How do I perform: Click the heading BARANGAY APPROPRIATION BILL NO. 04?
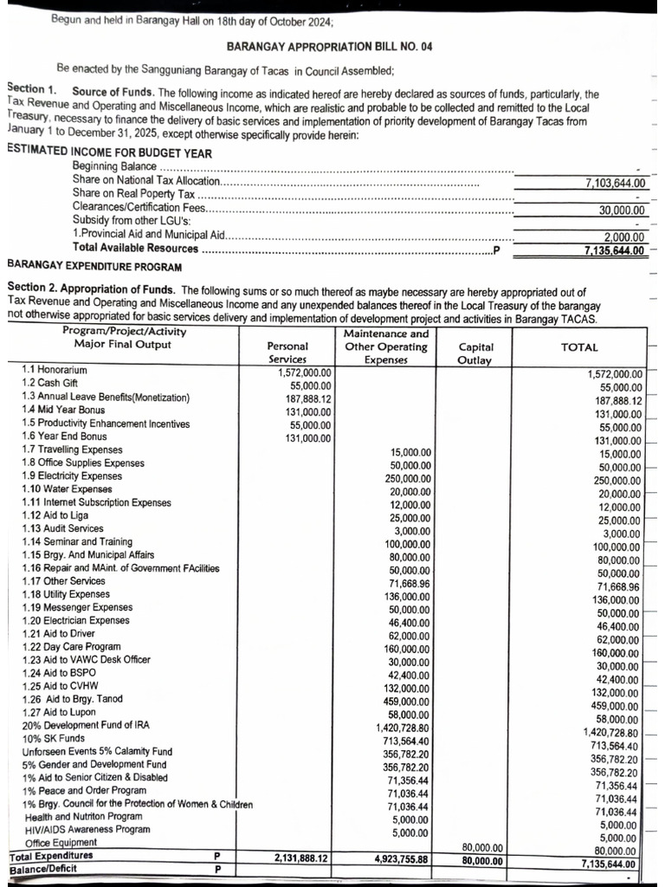click(x=328, y=47)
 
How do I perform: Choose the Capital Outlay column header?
click(x=476, y=353)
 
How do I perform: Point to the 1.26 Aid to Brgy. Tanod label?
click(x=73, y=699)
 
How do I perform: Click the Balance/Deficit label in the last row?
click(x=42, y=869)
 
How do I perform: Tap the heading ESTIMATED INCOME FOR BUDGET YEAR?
click(x=97, y=150)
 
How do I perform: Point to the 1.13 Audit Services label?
click(x=62, y=528)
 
